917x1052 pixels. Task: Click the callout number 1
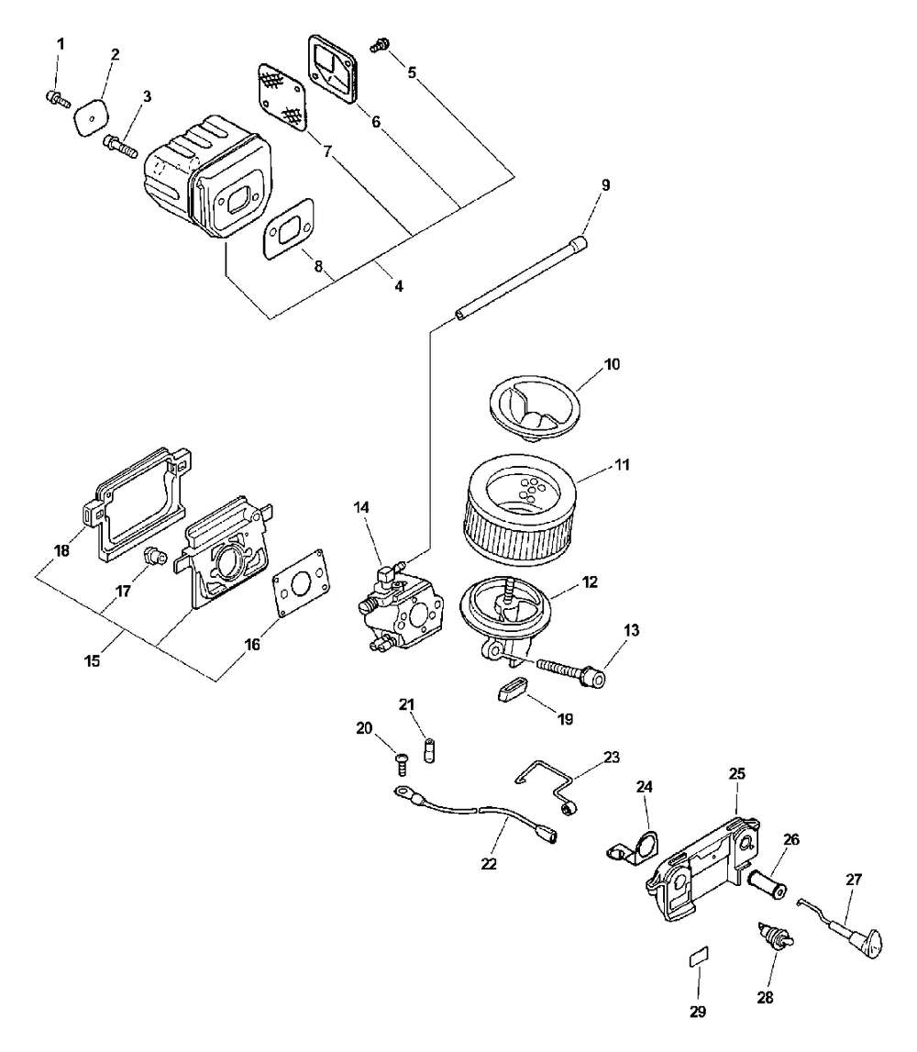coord(61,44)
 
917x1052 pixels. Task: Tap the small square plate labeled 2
coord(90,116)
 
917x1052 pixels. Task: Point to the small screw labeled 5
coord(380,42)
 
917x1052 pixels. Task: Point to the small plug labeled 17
coord(154,556)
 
